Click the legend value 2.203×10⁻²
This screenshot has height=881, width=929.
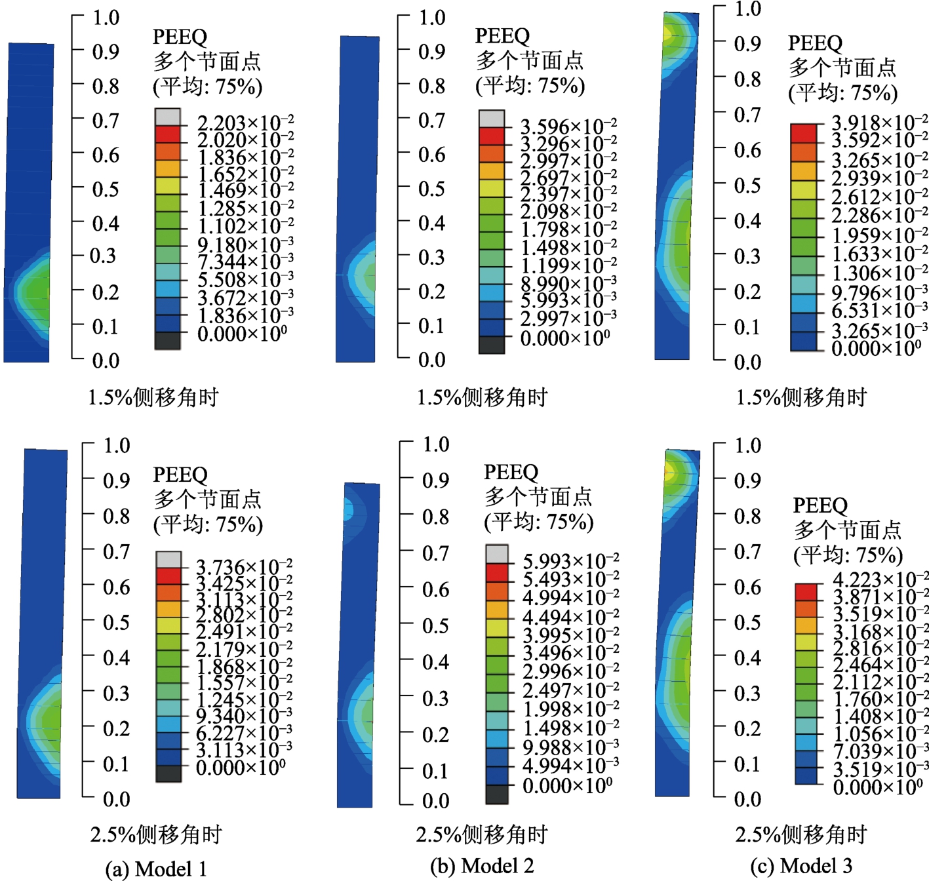pos(245,123)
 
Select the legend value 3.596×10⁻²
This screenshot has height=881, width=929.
pos(568,126)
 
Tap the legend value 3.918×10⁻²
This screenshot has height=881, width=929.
pos(879,123)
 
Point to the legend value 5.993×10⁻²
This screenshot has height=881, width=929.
pos(570,561)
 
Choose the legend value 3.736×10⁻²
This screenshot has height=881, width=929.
pos(244,566)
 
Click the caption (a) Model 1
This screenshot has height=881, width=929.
pos(156,869)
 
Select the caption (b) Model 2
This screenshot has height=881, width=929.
pos(482,866)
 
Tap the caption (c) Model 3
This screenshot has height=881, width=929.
pos(801,866)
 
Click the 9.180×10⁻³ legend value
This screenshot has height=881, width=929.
pos(245,245)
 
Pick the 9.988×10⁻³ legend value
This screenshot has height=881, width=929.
pos(570,747)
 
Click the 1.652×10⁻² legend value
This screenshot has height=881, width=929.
pos(245,174)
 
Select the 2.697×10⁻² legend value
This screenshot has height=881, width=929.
pos(568,178)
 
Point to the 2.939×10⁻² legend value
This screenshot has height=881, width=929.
pos(879,178)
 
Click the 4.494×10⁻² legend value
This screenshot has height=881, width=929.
pos(570,617)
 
